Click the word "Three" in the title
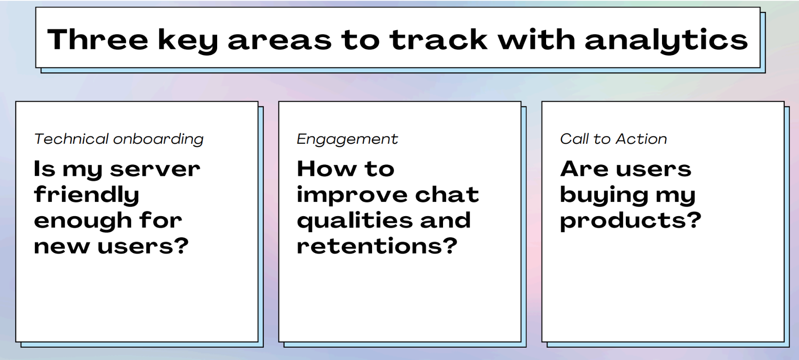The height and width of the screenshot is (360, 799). [98, 39]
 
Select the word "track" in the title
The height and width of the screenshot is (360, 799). [438, 39]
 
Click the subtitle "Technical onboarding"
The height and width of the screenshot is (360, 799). [119, 139]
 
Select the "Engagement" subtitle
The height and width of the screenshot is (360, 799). [347, 139]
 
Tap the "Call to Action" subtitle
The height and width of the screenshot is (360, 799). [613, 139]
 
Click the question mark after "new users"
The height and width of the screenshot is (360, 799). [182, 246]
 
